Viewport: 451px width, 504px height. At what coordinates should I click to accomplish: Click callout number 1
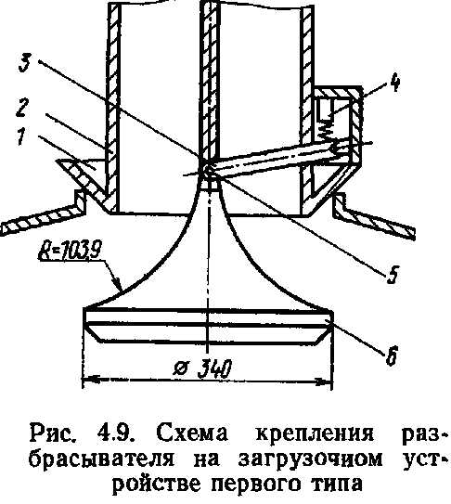click(22, 135)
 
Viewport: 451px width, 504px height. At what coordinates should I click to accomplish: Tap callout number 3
click(25, 63)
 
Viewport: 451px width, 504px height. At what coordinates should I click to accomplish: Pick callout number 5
click(392, 275)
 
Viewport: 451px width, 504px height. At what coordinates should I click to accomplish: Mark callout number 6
click(392, 355)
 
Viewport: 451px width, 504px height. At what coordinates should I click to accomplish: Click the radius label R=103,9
click(66, 252)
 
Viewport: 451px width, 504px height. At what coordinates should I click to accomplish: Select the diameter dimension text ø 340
click(202, 368)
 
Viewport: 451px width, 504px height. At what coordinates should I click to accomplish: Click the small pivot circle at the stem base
click(209, 170)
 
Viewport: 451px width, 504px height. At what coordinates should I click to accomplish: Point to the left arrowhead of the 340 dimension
click(88, 380)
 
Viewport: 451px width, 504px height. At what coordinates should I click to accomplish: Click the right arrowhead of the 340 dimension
click(325, 381)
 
